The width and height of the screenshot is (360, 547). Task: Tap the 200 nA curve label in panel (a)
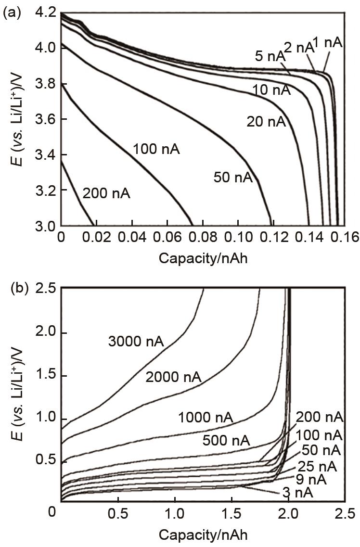click(106, 194)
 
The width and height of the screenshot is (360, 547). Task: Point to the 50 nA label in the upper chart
click(233, 178)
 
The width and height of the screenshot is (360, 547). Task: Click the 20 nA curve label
click(266, 122)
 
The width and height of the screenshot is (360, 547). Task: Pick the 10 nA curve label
click(271, 90)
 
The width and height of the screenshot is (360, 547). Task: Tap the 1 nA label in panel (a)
click(327, 43)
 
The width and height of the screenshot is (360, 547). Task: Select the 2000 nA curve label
click(173, 377)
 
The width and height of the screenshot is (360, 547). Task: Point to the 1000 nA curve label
click(206, 417)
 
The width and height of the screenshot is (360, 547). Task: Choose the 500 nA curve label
click(226, 440)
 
